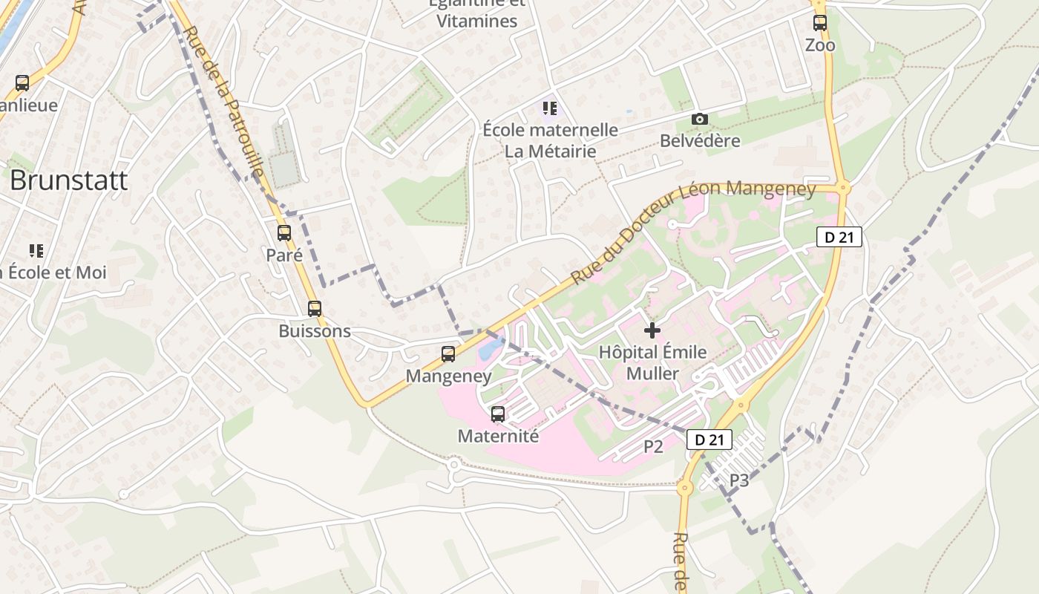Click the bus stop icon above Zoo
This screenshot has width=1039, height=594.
coord(819,23)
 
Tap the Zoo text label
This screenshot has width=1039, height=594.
coord(820,45)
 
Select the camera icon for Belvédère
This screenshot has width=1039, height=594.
coord(699,119)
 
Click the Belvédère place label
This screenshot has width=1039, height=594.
coord(700,140)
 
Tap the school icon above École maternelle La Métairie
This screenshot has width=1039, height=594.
coord(549,108)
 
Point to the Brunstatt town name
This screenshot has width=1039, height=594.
coord(68,180)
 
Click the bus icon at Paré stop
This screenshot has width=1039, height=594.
coord(284,233)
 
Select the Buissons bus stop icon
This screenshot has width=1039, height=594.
coord(315,309)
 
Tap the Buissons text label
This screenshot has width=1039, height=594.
coord(315,331)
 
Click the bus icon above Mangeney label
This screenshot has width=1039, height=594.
coord(448,354)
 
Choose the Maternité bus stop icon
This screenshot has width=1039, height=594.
coord(498,414)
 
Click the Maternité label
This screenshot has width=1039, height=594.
coord(498,436)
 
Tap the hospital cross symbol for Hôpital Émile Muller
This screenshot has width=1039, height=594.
coord(652,330)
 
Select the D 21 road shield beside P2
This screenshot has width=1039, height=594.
coord(709,440)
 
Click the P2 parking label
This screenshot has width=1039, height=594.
coord(653,446)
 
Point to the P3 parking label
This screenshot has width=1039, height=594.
coord(738,480)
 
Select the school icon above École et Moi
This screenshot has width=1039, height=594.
coord(36,251)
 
